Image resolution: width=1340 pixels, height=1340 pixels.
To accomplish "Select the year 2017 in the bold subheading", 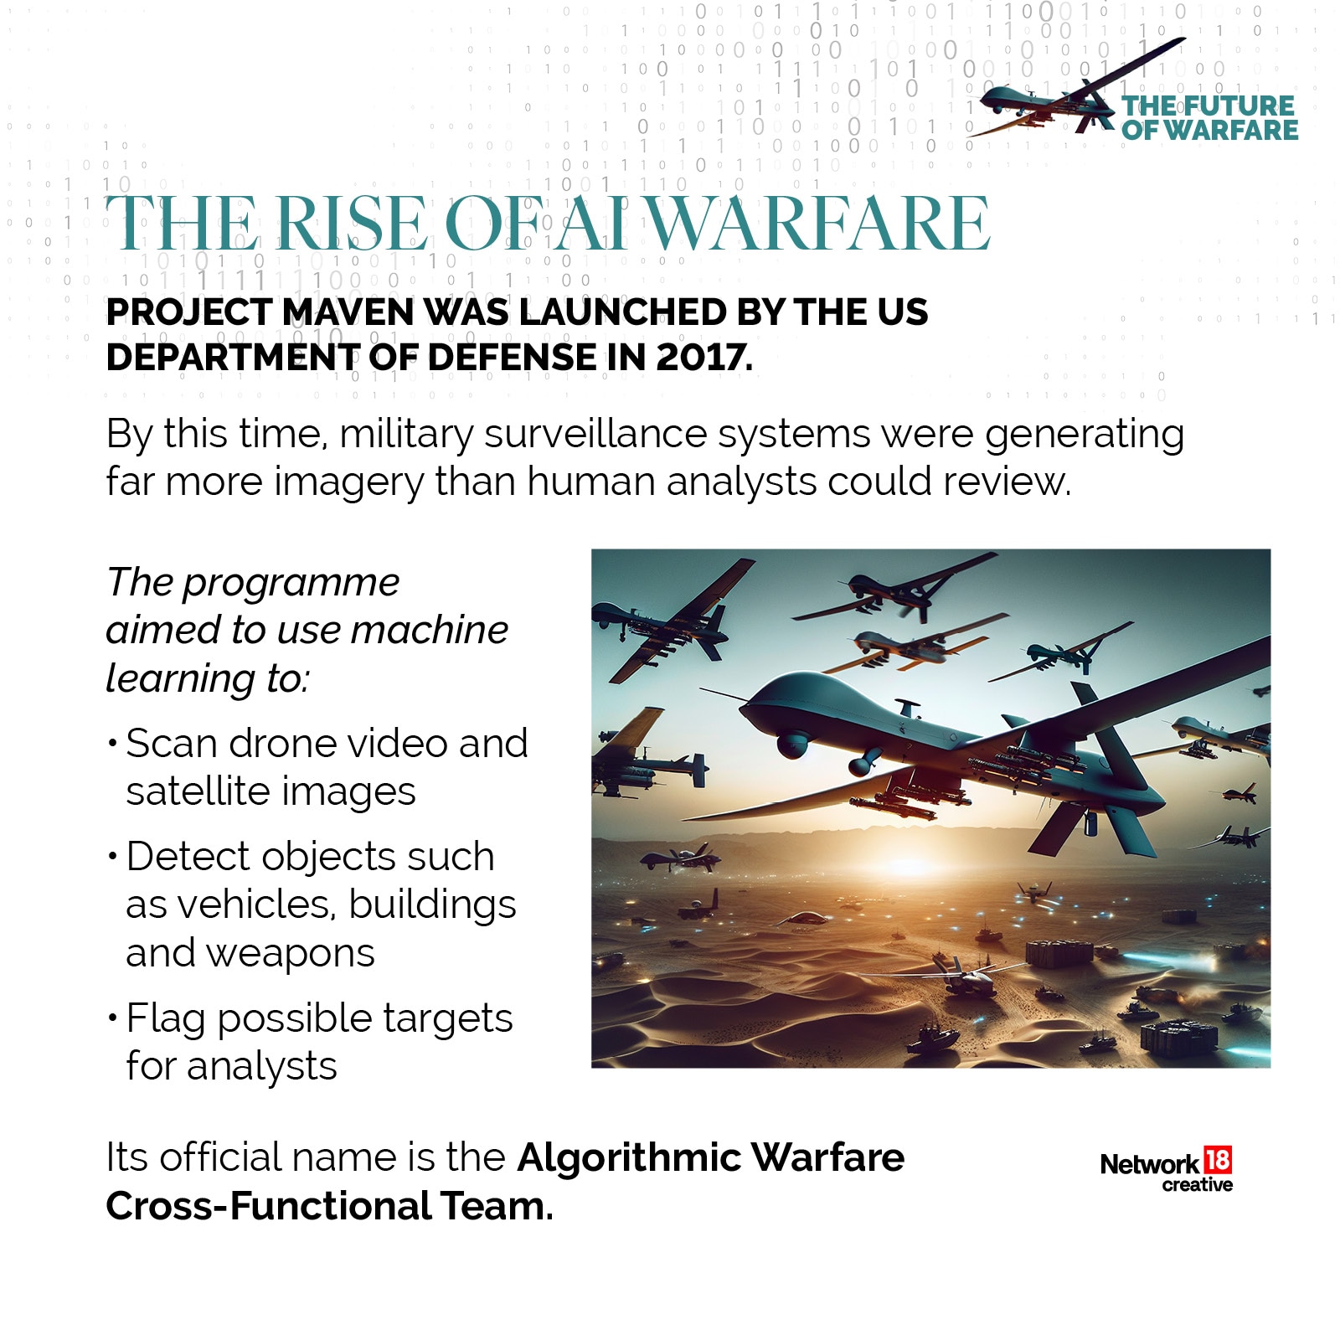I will [x=703, y=358].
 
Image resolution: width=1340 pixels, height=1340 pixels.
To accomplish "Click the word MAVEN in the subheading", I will [x=348, y=312].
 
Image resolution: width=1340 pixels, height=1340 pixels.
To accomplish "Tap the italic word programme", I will [x=291, y=582].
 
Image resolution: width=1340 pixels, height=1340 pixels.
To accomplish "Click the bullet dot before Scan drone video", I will [x=112, y=743].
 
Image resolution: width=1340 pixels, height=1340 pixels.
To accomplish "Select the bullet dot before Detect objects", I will [x=112, y=856].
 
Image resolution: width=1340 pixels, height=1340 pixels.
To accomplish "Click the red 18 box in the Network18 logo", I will [x=1217, y=1160].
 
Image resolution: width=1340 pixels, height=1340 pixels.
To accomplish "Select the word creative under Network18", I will [x=1197, y=1185].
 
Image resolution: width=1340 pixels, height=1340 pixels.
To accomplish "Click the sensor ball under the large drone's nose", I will [x=791, y=744].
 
